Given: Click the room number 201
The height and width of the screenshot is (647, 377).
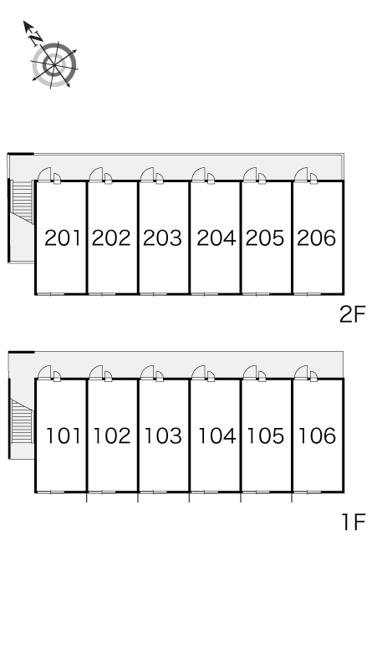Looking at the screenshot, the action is click(x=63, y=238).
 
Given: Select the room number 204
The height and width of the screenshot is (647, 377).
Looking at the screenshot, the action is click(x=217, y=238).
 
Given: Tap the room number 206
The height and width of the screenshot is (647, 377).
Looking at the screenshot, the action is click(x=317, y=238).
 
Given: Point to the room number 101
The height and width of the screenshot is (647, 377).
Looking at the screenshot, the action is click(x=64, y=436).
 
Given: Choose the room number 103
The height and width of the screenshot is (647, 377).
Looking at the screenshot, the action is click(x=163, y=436).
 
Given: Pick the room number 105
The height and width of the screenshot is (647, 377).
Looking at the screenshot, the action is click(x=266, y=436).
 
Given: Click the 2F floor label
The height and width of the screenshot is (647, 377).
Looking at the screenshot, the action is click(x=353, y=315).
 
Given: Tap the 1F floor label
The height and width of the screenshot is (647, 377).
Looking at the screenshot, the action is click(x=354, y=522).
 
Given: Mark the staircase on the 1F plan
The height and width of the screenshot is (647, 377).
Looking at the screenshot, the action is click(x=22, y=421).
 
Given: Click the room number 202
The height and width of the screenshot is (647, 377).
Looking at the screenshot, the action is click(x=111, y=238).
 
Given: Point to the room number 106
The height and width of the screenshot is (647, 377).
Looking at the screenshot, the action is click(x=317, y=436).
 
